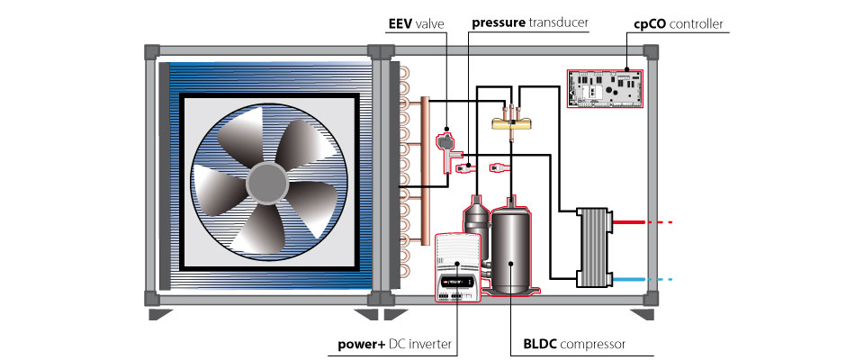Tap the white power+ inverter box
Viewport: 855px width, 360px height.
(x=459, y=266)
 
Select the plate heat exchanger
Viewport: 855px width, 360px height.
(x=594, y=246)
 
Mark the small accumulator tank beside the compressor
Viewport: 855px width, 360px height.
(x=474, y=220)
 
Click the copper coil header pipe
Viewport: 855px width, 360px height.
(x=422, y=171)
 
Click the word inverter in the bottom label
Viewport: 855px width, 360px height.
(x=428, y=344)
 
